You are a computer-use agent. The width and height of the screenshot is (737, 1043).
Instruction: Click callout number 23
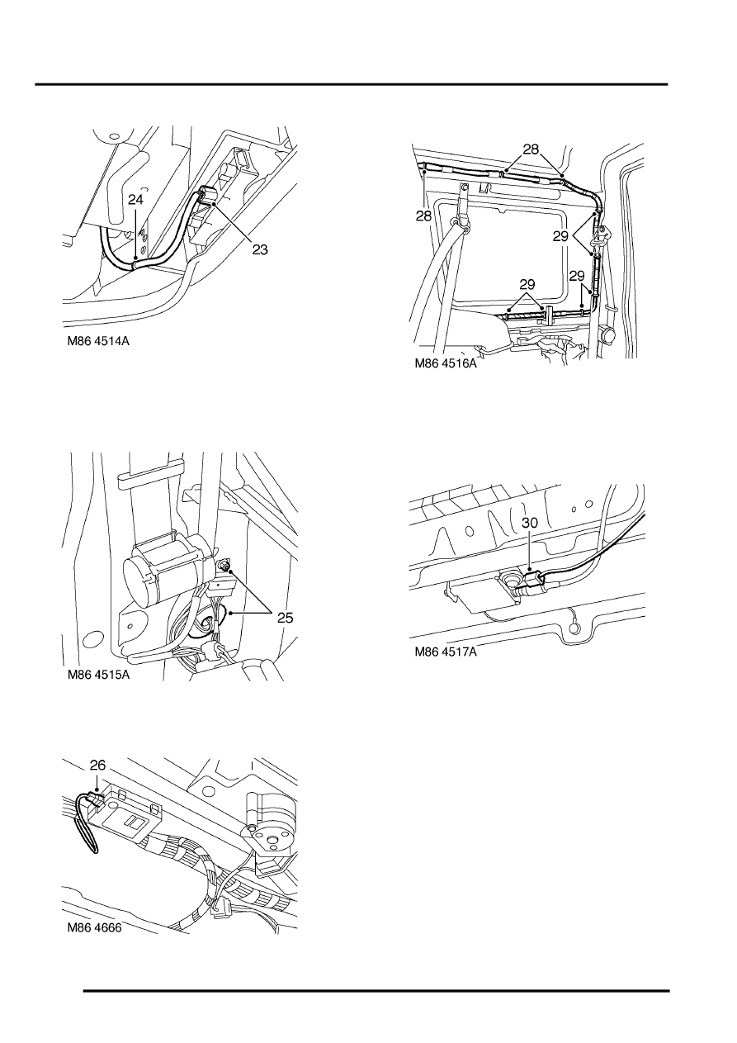pos(260,249)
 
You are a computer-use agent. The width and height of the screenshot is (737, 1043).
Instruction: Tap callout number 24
pos(136,200)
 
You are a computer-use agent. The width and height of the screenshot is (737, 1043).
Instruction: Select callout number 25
pos(286,618)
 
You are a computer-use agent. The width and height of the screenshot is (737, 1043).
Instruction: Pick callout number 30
pos(530,523)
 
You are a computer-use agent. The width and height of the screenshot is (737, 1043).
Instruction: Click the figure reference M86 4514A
pos(98,341)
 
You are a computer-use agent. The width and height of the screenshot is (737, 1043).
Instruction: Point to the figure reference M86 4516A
pos(446,363)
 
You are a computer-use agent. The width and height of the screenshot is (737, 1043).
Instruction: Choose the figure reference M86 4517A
pos(446,652)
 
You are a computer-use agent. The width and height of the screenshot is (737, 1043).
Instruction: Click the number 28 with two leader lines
pos(531,149)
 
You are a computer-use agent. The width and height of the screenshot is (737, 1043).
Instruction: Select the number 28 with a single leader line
pos(424,216)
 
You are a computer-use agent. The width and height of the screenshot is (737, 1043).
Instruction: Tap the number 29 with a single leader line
pos(577,276)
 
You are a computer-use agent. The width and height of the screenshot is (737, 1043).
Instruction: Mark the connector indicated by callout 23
pos(207,195)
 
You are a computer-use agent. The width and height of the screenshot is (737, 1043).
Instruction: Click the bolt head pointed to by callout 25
pos(225,566)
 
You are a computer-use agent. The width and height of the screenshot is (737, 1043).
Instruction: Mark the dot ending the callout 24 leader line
pos(135,258)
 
